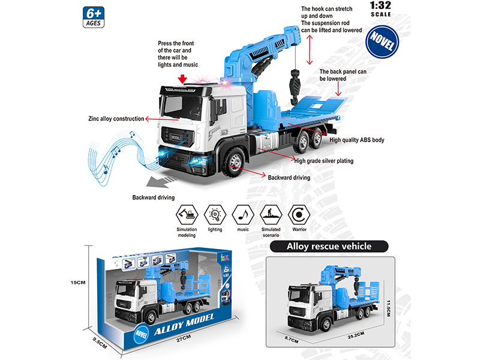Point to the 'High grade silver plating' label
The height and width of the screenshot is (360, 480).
323,161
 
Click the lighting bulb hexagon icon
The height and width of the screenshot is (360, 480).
215,214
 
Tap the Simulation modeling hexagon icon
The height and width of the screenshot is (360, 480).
187,214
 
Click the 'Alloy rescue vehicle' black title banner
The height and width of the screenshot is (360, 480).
329,246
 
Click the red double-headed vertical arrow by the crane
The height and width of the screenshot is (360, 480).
310,49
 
